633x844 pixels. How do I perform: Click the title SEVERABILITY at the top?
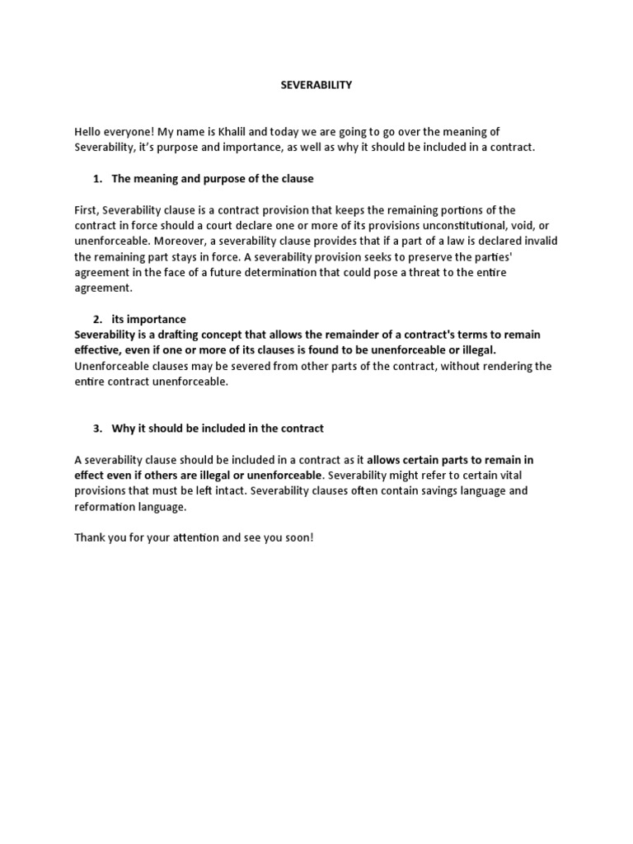coord(316,85)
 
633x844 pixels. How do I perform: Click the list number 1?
coord(95,179)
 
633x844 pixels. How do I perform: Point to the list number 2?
coord(95,319)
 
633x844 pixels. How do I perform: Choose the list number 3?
coord(95,428)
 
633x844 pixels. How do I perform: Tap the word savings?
coord(415,490)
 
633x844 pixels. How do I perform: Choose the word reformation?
coord(107,506)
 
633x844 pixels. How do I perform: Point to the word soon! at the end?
coord(298,537)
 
